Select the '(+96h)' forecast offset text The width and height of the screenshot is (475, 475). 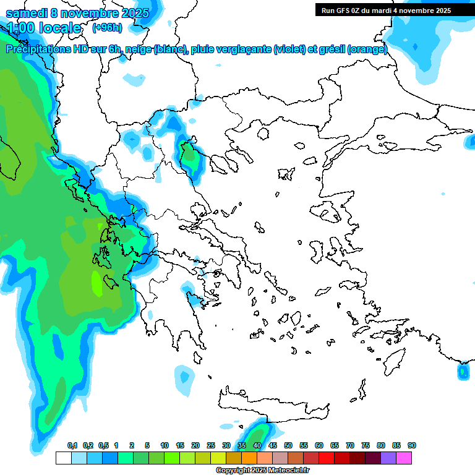coord(107,27)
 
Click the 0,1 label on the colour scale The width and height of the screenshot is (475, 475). coord(72,446)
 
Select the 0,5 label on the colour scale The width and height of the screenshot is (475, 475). coord(103,446)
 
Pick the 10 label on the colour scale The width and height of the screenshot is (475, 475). coord(165,446)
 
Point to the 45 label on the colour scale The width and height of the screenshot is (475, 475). coord(273,446)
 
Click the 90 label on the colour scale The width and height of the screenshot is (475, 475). coord(412,446)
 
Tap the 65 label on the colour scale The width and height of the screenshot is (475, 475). coord(335,446)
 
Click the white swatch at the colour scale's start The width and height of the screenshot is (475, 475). coord(63,458)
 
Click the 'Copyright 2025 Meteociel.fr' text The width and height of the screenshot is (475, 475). coord(262,470)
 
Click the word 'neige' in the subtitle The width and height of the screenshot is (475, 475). coord(137,49)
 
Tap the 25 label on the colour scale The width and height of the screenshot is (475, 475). coord(211,446)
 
